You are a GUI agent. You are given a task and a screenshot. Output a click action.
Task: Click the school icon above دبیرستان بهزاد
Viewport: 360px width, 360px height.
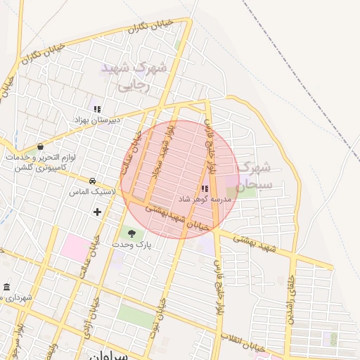(x=97, y=109)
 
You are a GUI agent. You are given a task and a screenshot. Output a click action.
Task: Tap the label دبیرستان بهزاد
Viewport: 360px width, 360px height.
(x=98, y=120)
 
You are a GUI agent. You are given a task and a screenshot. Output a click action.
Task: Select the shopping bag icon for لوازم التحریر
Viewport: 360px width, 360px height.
(x=40, y=147)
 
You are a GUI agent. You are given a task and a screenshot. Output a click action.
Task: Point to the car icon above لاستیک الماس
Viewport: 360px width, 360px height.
(x=92, y=180)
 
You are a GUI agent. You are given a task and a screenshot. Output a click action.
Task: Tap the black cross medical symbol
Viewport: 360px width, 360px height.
(x=97, y=211)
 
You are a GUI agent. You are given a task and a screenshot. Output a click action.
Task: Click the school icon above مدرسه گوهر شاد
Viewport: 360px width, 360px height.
(x=205, y=188)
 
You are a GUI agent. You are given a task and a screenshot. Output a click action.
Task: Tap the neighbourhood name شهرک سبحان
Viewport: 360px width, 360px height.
(x=252, y=176)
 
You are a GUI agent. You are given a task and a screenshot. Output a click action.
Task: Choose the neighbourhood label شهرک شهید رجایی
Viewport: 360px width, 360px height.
(x=134, y=77)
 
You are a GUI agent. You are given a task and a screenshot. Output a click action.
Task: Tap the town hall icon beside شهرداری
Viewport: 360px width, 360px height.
(x=6, y=288)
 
